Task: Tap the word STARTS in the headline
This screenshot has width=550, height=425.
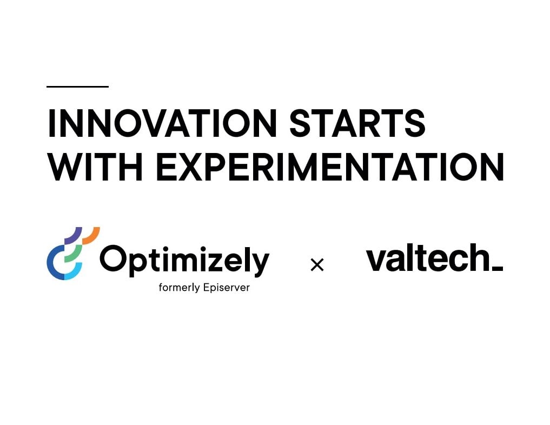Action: click(357, 123)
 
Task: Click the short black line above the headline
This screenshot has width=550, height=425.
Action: click(77, 87)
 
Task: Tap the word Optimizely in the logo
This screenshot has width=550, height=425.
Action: click(184, 260)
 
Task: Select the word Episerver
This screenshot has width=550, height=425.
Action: click(226, 288)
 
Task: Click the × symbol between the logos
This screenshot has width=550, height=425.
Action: click(317, 265)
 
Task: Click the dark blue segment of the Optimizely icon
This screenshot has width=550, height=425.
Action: click(54, 262)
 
